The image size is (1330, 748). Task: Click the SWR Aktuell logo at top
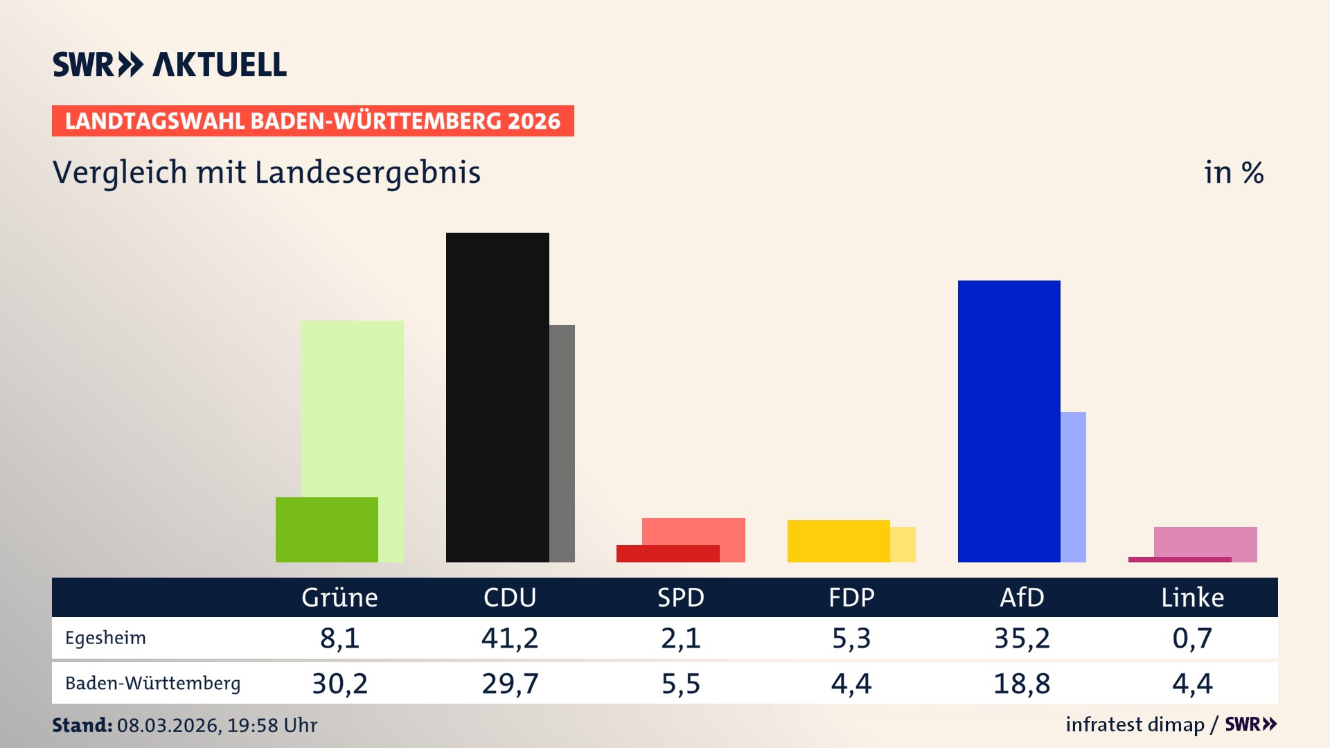[170, 64]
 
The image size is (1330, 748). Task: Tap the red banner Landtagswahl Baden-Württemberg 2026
[312, 121]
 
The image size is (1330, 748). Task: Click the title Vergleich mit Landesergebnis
[266, 172]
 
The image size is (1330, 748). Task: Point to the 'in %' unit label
[1233, 173]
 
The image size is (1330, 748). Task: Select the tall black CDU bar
[497, 397]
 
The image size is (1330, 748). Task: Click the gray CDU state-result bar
[562, 443]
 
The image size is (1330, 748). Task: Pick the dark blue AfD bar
[1009, 421]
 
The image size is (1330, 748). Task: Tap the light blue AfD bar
[1073, 487]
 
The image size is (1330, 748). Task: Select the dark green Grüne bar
[326, 529]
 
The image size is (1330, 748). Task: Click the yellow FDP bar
[838, 541]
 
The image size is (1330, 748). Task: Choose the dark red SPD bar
[667, 553]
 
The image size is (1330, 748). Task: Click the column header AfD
[1022, 598]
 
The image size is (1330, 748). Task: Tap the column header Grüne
[339, 598]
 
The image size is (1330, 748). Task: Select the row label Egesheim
[105, 638]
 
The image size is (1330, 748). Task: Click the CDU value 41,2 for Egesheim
[510, 638]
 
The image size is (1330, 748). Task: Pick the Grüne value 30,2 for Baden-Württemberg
[339, 684]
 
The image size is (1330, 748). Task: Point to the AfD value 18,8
[1022, 684]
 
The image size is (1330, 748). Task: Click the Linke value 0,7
[1192, 638]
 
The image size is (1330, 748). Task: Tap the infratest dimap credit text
[1135, 724]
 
